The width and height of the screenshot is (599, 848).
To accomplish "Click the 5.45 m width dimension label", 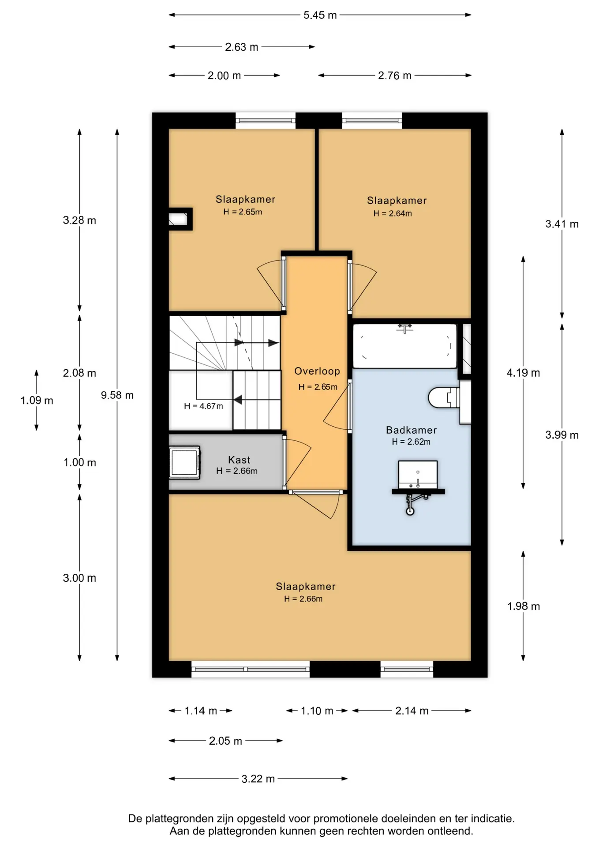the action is click(x=320, y=15).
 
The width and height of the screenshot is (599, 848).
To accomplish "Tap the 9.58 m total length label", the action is click(x=117, y=395).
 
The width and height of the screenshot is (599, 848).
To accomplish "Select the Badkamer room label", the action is click(x=411, y=430).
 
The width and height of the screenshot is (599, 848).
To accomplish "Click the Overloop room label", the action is click(x=317, y=371).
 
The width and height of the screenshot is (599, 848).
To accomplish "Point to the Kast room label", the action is click(x=239, y=460).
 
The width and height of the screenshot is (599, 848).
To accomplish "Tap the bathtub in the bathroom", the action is click(x=404, y=346).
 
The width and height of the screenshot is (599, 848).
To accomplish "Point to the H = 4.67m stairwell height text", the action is click(x=203, y=406).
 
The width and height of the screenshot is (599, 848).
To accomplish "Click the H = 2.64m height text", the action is click(x=393, y=213).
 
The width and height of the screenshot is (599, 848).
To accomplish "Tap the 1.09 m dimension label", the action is click(x=37, y=401).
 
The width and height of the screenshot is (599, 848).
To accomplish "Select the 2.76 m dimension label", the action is click(x=394, y=76).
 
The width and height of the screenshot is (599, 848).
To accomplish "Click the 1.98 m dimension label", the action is click(x=524, y=606).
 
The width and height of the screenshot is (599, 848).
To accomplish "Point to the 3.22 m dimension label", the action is click(x=258, y=779).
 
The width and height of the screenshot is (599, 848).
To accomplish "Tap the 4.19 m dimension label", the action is click(x=524, y=373).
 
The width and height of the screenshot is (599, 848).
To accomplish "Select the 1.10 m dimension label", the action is click(x=317, y=711).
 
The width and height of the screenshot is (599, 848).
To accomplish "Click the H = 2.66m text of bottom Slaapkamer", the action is click(x=303, y=599).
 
